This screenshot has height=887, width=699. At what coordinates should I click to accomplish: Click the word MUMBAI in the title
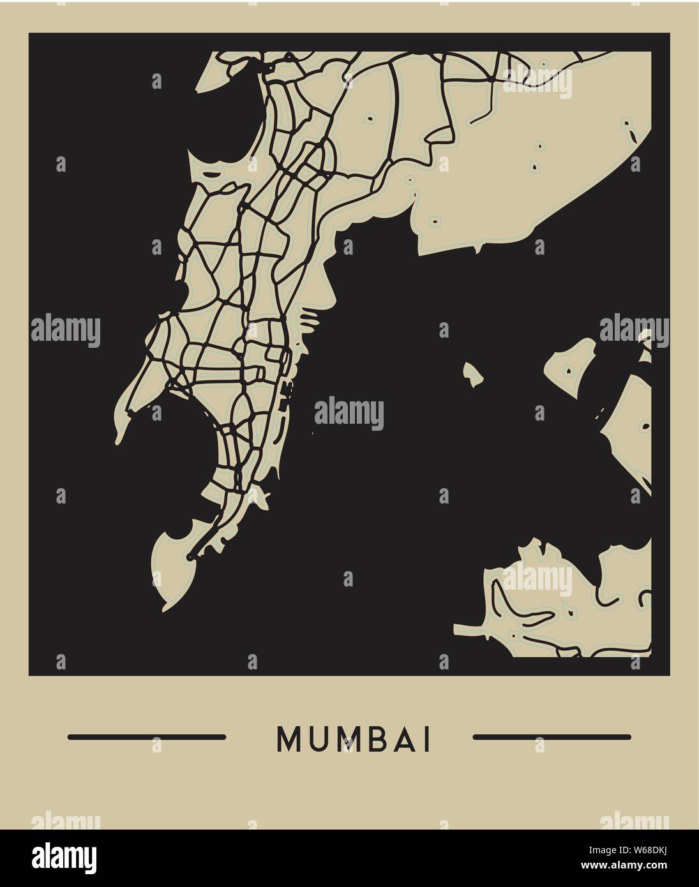point(354,738)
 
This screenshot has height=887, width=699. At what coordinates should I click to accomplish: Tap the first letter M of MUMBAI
point(287,738)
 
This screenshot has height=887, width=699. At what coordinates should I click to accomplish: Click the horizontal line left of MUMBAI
point(146,737)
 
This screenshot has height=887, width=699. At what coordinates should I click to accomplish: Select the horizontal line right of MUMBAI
point(552,737)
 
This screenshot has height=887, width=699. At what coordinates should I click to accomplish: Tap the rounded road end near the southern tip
point(190,558)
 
